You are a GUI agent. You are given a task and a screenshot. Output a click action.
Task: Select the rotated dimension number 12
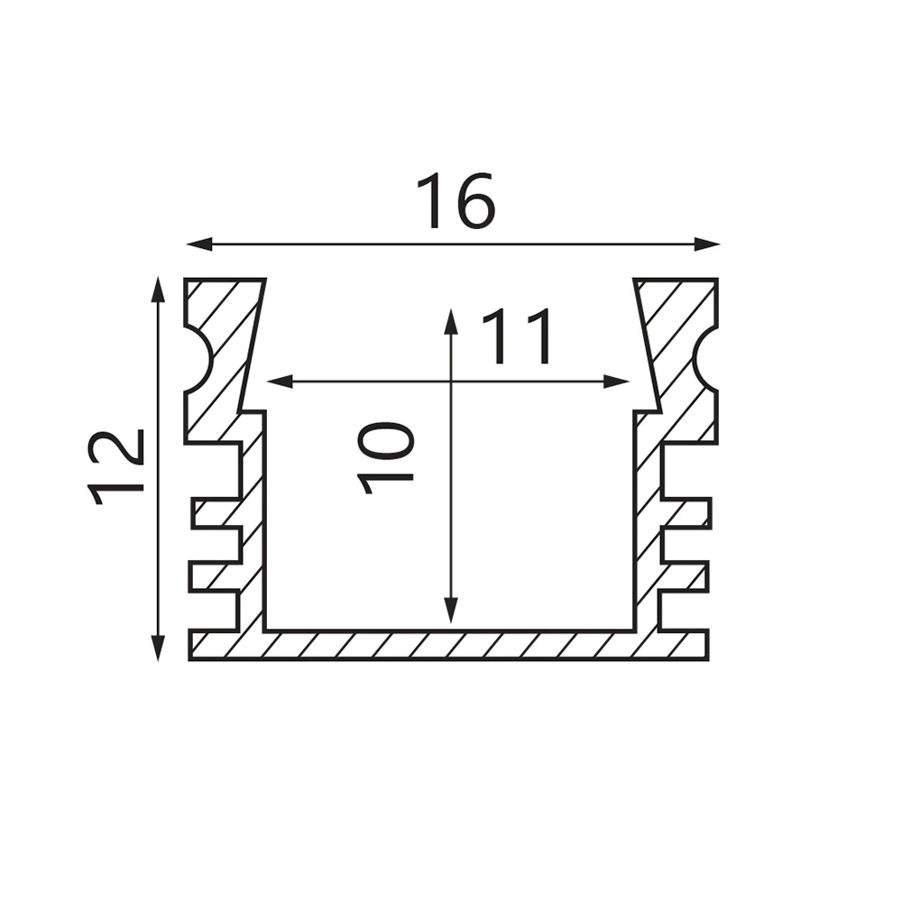(x=115, y=466)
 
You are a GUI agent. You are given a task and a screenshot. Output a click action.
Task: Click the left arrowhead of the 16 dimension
(x=199, y=244)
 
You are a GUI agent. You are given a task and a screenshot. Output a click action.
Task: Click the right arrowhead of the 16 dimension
(x=707, y=244)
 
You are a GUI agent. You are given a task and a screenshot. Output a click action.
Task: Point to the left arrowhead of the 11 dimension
(x=281, y=381)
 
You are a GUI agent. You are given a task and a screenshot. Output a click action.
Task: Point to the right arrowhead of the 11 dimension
(x=616, y=381)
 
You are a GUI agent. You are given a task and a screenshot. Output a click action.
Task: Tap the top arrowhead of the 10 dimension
(x=452, y=322)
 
